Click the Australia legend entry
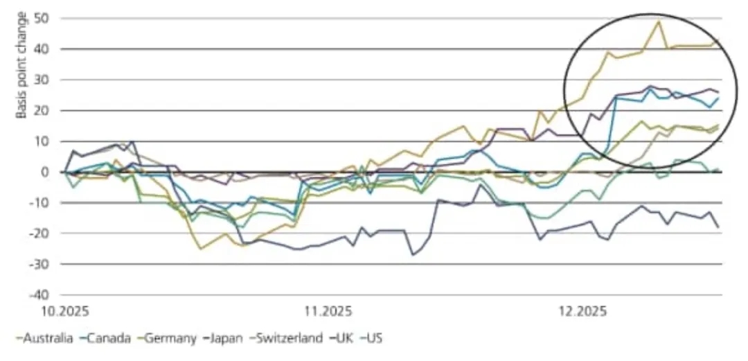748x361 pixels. (43, 338)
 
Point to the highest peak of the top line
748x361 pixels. (658, 21)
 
